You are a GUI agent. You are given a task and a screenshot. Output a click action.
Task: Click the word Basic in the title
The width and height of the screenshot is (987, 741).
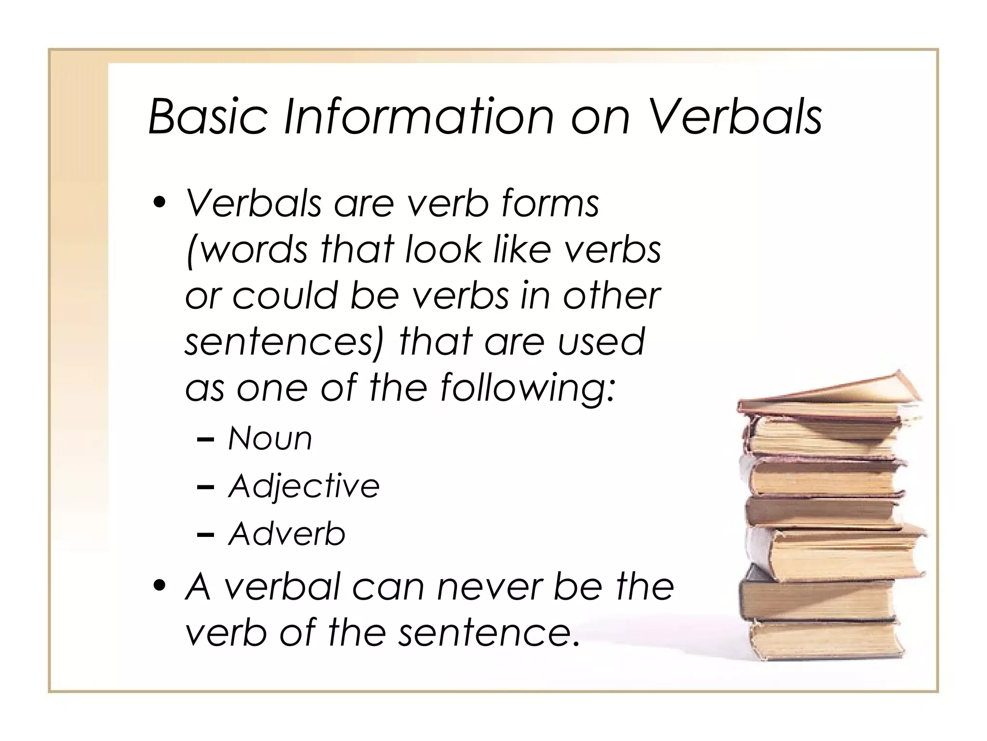(208, 116)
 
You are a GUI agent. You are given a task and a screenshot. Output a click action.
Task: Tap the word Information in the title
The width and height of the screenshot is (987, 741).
(418, 116)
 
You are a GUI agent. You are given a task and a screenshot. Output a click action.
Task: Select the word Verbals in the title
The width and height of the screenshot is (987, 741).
(735, 116)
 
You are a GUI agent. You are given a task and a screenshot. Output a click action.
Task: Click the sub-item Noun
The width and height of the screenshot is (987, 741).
(270, 439)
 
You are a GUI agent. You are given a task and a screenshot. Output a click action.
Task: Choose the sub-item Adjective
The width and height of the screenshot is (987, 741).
(304, 486)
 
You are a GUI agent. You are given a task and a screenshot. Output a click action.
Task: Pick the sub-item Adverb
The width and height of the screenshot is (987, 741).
(287, 534)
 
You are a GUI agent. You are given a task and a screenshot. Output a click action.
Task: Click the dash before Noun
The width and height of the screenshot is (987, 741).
(206, 439)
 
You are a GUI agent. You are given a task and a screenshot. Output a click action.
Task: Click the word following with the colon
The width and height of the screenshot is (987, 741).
(527, 389)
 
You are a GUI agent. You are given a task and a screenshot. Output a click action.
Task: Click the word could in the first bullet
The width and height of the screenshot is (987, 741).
(285, 296)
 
